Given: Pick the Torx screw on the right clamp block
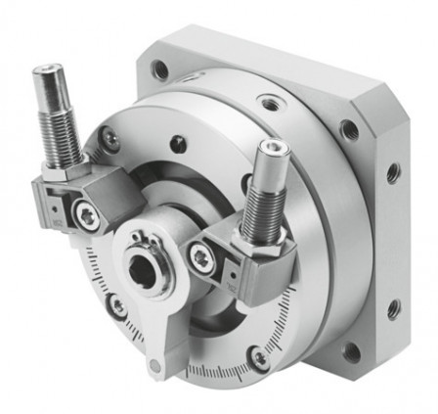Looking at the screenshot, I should pyautogui.click(x=201, y=257).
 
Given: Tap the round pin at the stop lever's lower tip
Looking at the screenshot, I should pyautogui.click(x=153, y=367).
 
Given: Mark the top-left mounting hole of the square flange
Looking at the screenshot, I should pyautogui.click(x=159, y=69).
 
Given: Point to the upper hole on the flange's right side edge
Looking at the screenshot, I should pyautogui.click(x=393, y=172).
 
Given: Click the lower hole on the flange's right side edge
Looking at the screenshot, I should pyautogui.click(x=393, y=309).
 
